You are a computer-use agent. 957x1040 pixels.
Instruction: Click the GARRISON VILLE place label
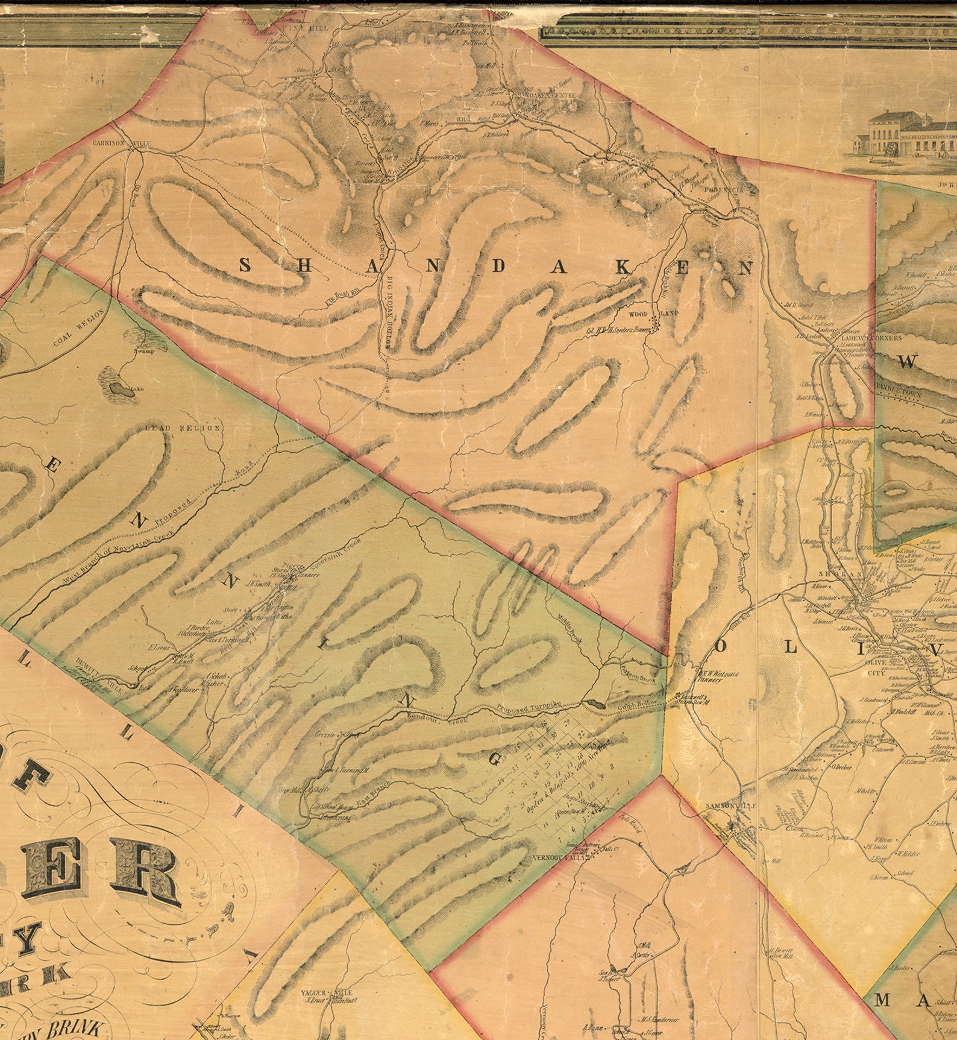tap(121, 144)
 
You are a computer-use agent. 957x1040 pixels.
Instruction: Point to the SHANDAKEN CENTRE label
tap(546, 95)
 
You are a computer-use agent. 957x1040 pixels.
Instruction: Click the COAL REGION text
tap(78, 329)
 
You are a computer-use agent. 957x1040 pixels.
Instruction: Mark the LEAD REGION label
tap(183, 428)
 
